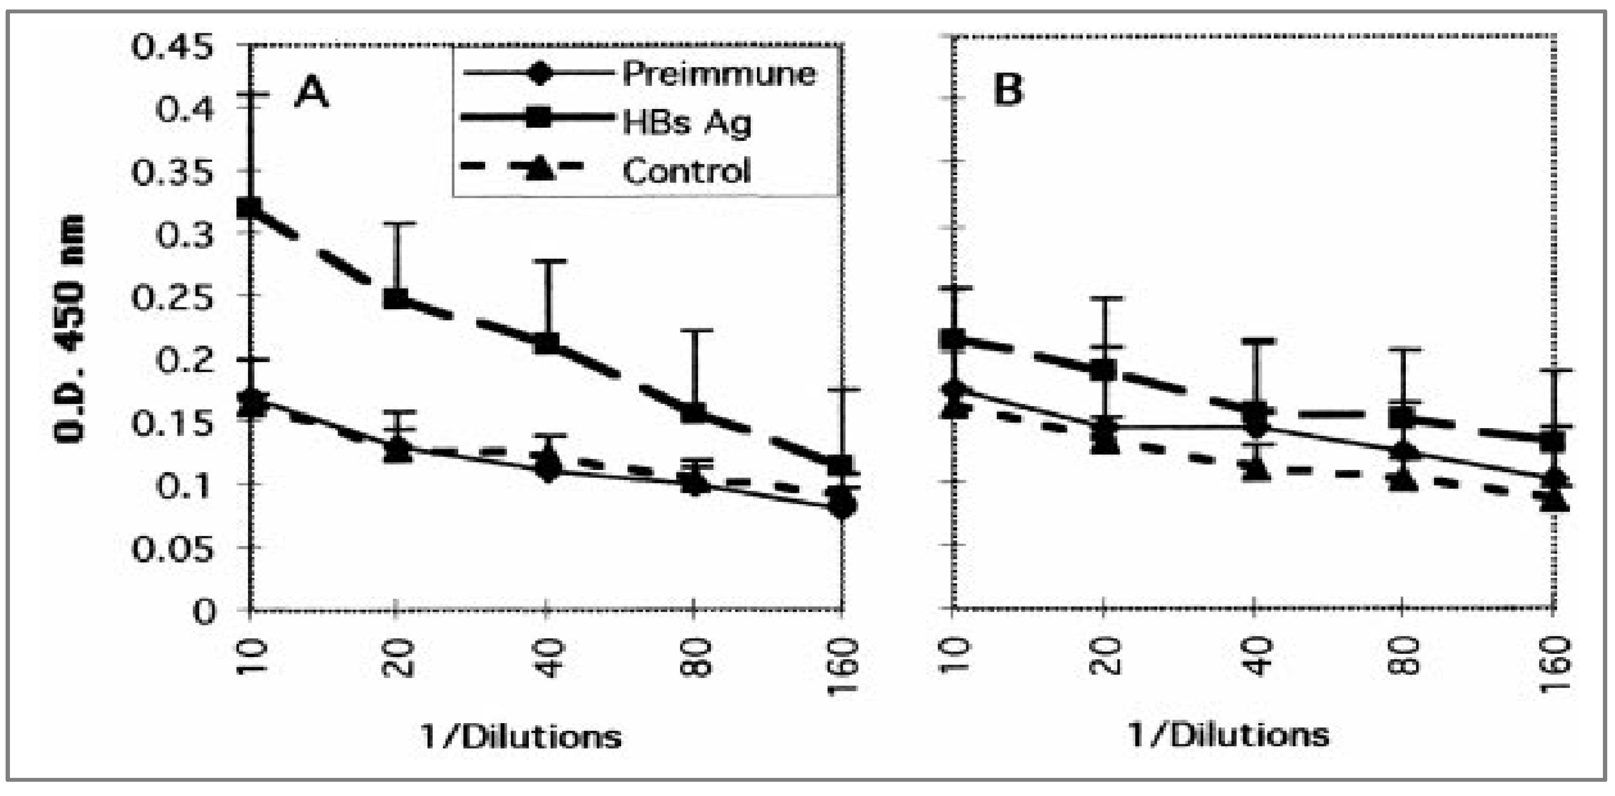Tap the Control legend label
(x=686, y=170)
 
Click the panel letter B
(x=1008, y=91)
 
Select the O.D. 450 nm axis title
(x=69, y=329)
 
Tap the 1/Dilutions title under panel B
(x=1229, y=735)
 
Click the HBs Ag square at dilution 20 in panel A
(x=396, y=298)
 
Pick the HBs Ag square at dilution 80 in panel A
(x=693, y=412)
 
